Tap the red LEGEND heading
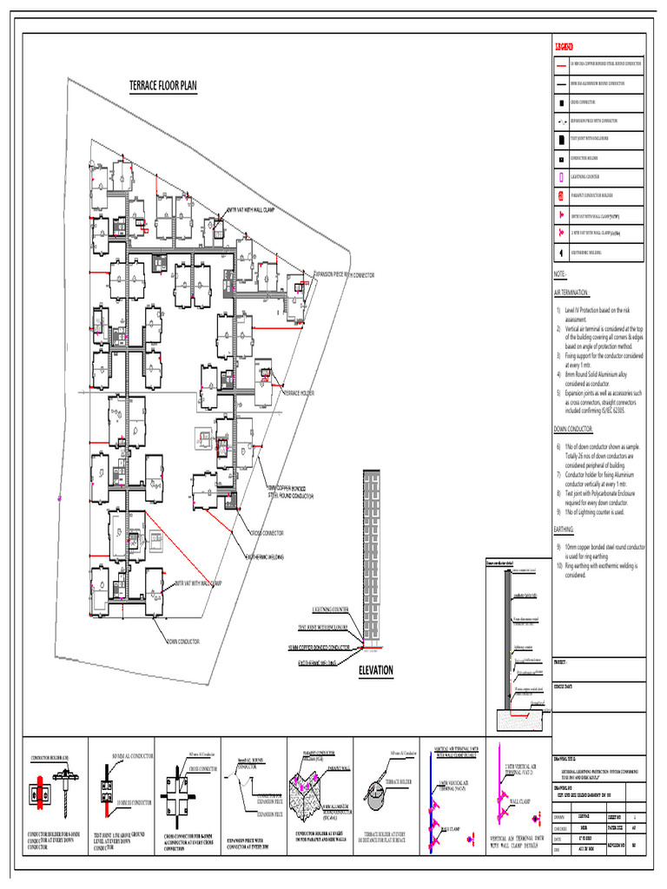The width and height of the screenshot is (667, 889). click(565, 46)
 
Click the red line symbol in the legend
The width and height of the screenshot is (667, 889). click(562, 64)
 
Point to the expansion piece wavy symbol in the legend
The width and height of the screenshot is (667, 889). click(562, 121)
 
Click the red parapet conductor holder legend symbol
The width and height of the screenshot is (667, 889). click(562, 195)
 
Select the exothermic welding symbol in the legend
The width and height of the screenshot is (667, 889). click(562, 253)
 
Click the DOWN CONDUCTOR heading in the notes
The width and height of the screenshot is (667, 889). click(574, 429)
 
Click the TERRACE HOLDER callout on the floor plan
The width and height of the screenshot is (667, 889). click(300, 393)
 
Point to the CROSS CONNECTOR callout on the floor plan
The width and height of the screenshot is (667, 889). click(267, 532)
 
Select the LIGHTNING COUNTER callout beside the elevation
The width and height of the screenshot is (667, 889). click(324, 609)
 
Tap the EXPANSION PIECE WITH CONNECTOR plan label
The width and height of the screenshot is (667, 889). click(344, 274)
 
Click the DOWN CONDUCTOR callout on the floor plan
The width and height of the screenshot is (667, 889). click(183, 642)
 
